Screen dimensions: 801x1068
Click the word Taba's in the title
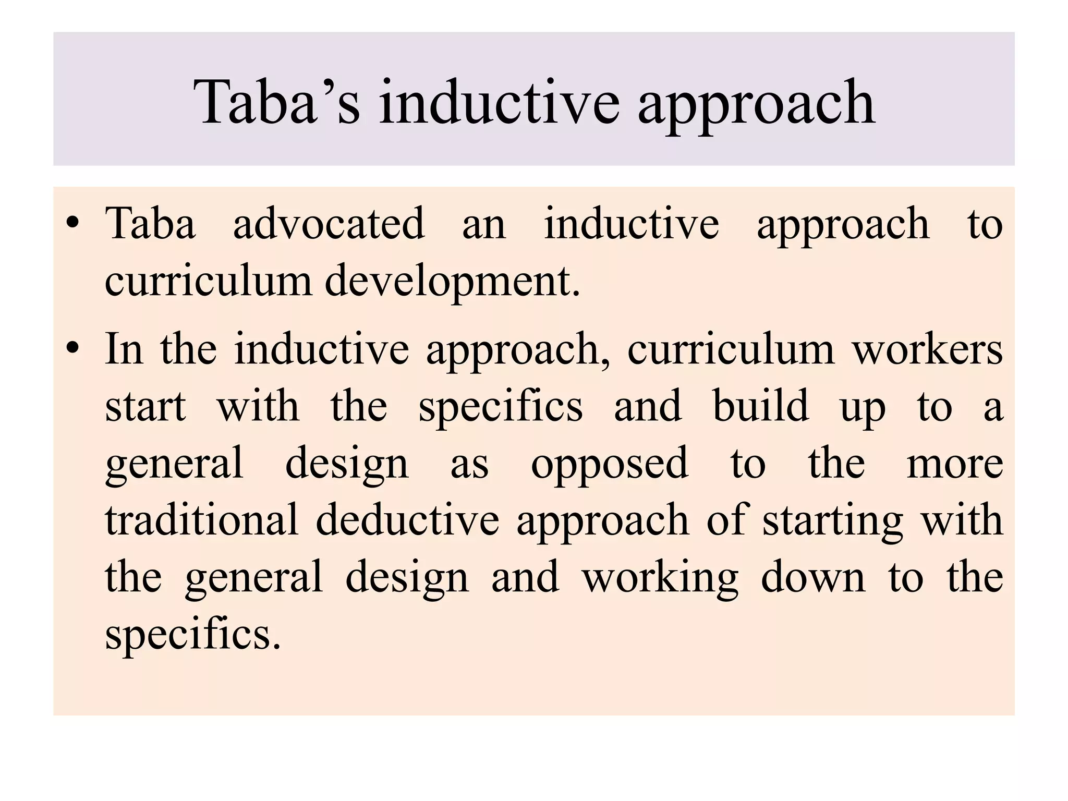pos(277,102)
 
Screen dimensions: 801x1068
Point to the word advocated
pos(329,224)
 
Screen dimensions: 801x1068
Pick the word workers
pos(927,349)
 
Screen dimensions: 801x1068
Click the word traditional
pos(202,520)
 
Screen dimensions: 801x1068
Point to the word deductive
pos(407,520)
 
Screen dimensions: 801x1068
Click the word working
pos(660,578)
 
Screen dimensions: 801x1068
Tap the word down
pos(813,577)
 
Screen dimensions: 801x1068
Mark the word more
pos(954,464)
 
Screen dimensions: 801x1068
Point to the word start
pos(145,407)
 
